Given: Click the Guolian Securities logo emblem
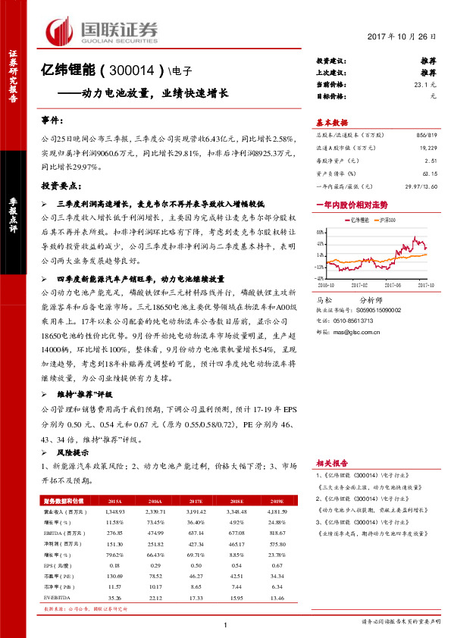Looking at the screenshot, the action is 61,31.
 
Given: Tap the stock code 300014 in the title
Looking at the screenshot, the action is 136,71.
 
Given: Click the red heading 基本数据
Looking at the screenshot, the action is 331,122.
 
